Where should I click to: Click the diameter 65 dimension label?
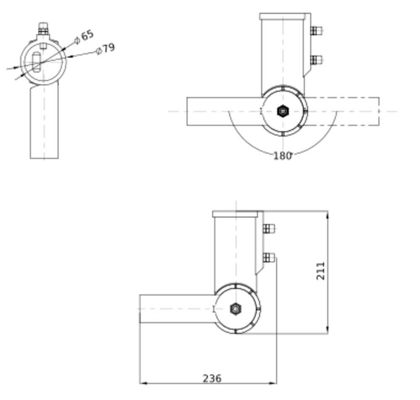point(84,37)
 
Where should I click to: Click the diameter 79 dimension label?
point(105,49)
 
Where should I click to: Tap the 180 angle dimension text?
point(282,155)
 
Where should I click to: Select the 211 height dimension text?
point(320,271)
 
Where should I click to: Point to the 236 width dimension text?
point(212,378)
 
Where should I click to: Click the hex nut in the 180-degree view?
point(283,111)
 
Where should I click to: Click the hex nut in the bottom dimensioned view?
point(236,309)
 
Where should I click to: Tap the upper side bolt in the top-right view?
point(316,31)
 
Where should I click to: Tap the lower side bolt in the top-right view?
point(316,60)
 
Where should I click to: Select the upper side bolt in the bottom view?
point(269,229)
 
